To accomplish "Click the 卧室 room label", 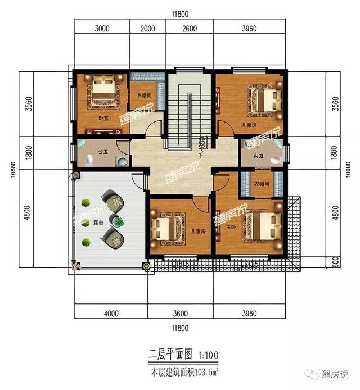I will pos(103,119).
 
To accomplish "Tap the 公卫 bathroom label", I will pos(102,151).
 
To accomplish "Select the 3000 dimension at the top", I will pos(101,28).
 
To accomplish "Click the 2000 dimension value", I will pos(147,28).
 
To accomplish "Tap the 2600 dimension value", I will pos(190,28).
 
